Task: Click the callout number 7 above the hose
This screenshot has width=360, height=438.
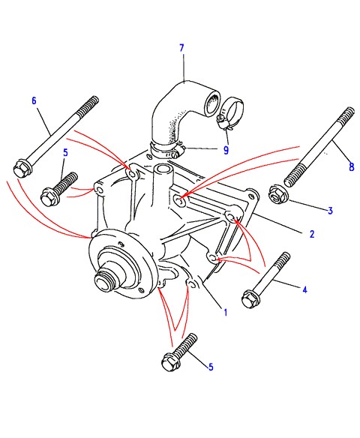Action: click(181, 48)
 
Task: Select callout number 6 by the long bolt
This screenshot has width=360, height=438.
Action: click(34, 100)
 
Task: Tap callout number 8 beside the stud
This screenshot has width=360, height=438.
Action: click(352, 166)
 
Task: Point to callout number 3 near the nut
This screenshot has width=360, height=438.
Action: click(330, 210)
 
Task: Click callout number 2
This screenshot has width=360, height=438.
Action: click(312, 234)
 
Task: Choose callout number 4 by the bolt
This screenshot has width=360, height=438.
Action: click(304, 289)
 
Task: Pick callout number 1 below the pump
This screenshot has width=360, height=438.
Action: click(226, 313)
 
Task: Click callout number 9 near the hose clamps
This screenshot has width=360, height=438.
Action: click(226, 150)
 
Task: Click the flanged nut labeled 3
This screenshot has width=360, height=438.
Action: click(277, 195)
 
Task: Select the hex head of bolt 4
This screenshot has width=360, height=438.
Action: click(250, 299)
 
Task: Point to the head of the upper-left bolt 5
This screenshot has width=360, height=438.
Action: click(49, 196)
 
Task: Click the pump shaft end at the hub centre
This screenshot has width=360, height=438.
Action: click(104, 280)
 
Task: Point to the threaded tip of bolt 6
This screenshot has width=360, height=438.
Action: click(88, 106)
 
